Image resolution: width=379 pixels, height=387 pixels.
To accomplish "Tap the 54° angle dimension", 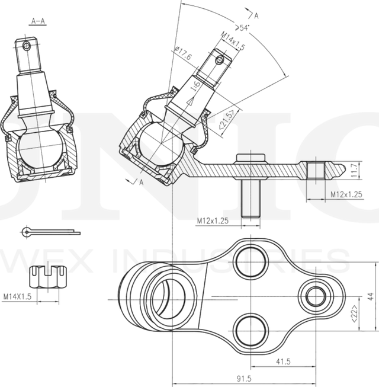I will (242, 28).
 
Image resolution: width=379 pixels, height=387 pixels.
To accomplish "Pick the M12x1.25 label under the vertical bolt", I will (213, 220).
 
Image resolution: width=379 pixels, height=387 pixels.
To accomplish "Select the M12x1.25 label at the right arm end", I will (346, 194).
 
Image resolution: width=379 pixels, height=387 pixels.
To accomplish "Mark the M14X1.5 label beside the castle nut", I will (15, 295).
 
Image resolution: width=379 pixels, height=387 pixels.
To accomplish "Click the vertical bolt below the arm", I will (250, 199).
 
